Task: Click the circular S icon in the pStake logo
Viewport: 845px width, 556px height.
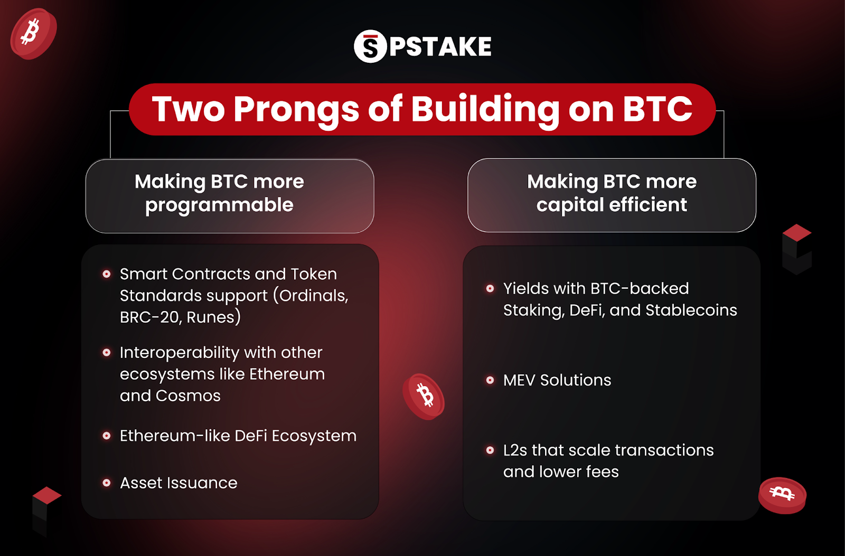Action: pyautogui.click(x=370, y=46)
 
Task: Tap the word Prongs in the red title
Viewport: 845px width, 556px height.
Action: pyautogui.click(x=296, y=110)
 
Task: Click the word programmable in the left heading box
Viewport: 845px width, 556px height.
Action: pyautogui.click(x=219, y=205)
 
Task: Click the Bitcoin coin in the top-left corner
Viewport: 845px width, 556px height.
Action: pyautogui.click(x=33, y=33)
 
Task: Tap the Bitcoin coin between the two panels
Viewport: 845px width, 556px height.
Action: pyautogui.click(x=424, y=396)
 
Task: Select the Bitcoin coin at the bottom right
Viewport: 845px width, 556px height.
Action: pyautogui.click(x=782, y=495)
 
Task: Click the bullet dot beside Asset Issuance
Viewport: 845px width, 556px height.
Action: pyautogui.click(x=107, y=483)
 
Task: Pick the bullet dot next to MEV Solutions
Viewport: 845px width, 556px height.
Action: pyautogui.click(x=490, y=380)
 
